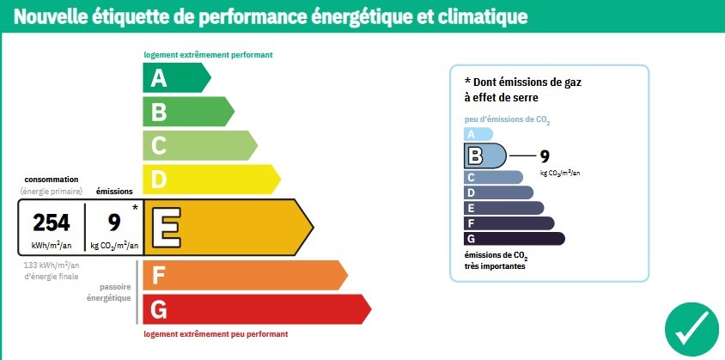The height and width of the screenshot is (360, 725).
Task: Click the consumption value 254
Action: pyautogui.click(x=51, y=223)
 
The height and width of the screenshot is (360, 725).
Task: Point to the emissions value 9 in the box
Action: pyautogui.click(x=113, y=223)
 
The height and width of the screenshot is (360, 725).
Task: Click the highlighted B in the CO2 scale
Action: pyautogui.click(x=475, y=156)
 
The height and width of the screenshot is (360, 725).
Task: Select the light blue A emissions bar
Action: pyautogui.click(x=478, y=133)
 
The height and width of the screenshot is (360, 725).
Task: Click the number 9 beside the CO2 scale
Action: pyautogui.click(x=544, y=156)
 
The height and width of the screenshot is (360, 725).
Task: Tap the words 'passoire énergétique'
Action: pyautogui.click(x=109, y=292)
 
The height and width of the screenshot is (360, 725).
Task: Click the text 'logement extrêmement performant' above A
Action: pyautogui.click(x=208, y=55)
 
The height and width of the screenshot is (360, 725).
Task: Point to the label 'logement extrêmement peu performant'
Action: pyautogui.click(x=216, y=333)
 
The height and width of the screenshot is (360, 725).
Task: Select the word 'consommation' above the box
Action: pyautogui.click(x=51, y=179)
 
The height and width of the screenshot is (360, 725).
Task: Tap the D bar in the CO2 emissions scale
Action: pyautogui.click(x=497, y=192)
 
